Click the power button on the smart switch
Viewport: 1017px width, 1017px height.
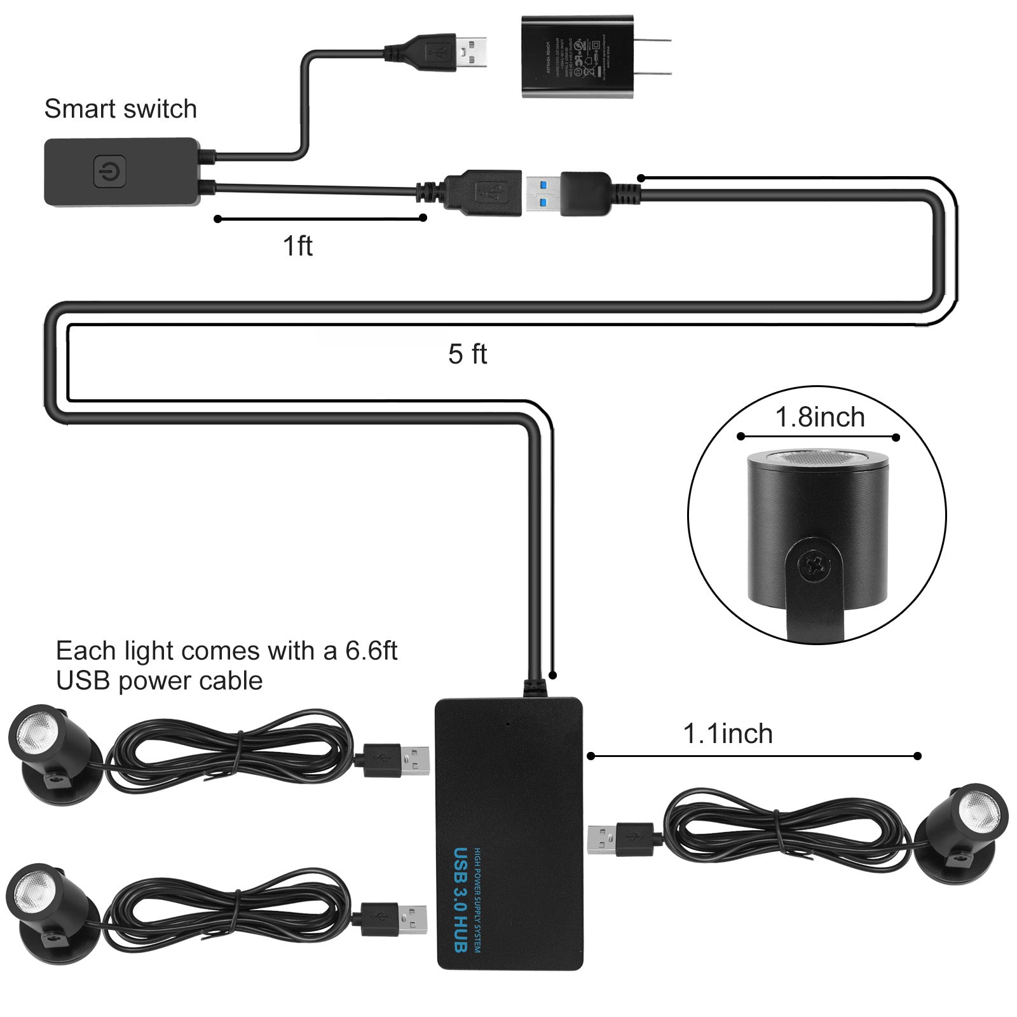[109, 171]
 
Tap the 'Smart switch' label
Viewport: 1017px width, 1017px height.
[120, 109]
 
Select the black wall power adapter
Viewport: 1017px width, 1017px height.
[577, 57]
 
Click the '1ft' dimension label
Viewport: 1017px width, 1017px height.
[297, 246]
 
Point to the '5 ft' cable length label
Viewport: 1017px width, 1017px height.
[467, 354]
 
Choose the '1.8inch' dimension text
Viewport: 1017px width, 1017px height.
[820, 418]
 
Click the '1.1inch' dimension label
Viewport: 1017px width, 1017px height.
[728, 734]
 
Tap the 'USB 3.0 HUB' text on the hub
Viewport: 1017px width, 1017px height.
[461, 899]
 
